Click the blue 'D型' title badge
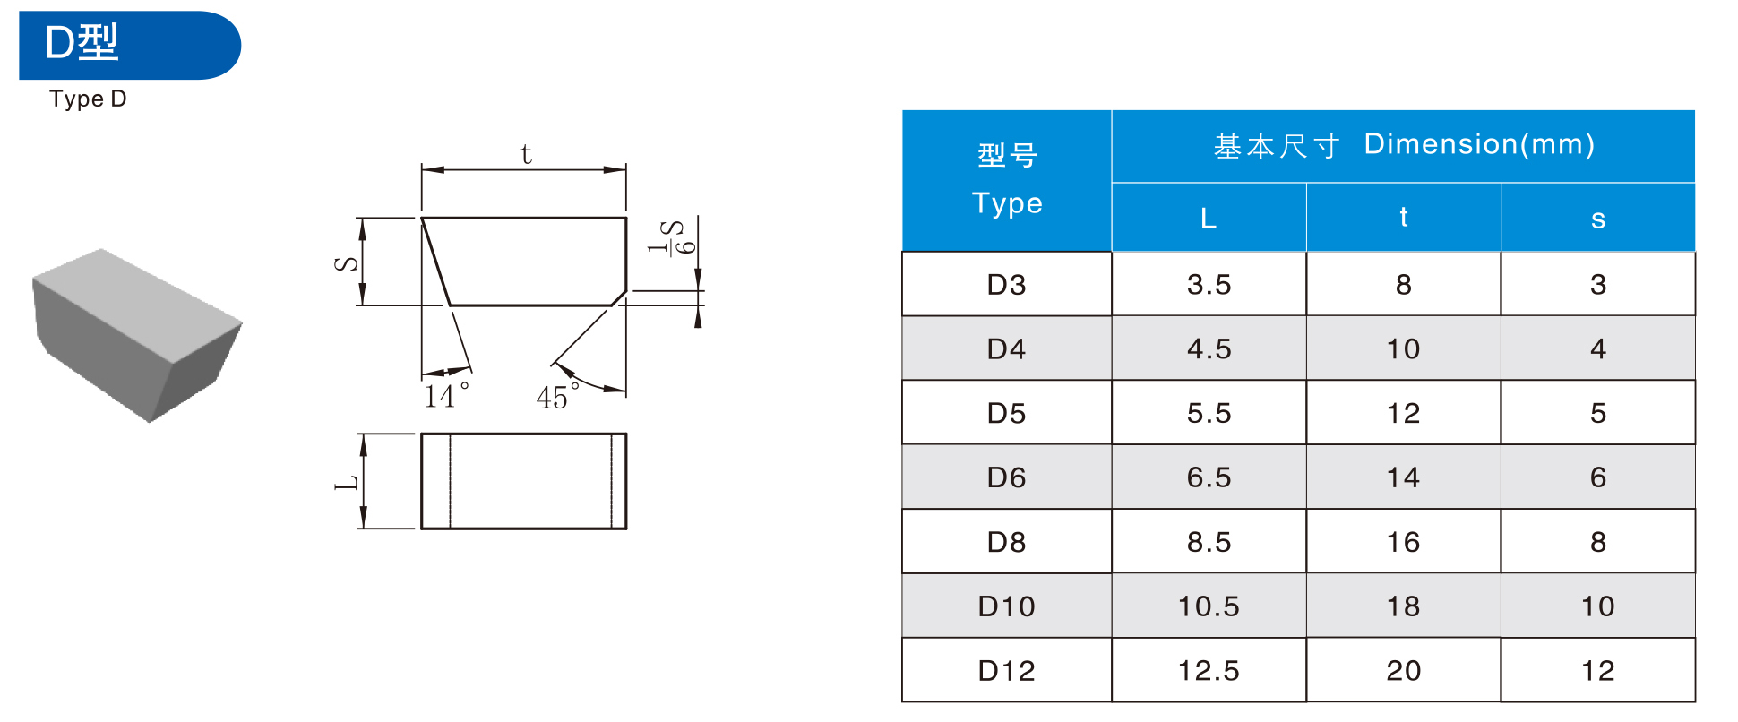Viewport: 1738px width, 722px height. [x=129, y=45]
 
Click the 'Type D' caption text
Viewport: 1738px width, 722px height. [x=88, y=99]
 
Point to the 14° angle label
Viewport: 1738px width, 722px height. [x=445, y=395]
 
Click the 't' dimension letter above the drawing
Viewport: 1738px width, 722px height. [x=526, y=155]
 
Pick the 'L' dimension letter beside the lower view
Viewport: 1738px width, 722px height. [x=347, y=482]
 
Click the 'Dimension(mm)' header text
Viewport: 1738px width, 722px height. [x=1479, y=144]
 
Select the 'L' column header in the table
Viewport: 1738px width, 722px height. [x=1209, y=219]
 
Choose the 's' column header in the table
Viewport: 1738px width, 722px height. [x=1597, y=219]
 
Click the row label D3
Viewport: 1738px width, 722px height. [x=1006, y=285]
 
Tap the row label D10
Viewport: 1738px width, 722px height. [x=1006, y=606]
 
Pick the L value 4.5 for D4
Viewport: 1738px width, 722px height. [x=1209, y=349]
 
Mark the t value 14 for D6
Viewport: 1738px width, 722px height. [x=1403, y=477]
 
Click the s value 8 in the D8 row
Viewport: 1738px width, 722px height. [x=1597, y=542]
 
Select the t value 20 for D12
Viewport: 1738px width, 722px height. [x=1403, y=671]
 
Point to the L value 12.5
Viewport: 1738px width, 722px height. [x=1209, y=671]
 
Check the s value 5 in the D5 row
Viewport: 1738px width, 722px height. [x=1597, y=414]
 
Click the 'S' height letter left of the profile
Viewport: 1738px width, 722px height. [x=346, y=263]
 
